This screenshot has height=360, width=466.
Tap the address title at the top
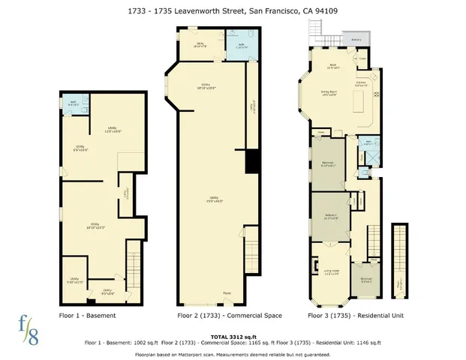[233, 10]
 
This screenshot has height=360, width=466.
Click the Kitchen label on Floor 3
[361, 82]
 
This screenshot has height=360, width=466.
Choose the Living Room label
[332, 272]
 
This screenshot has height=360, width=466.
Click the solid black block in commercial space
[252, 160]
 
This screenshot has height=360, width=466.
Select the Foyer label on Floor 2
[227, 292]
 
